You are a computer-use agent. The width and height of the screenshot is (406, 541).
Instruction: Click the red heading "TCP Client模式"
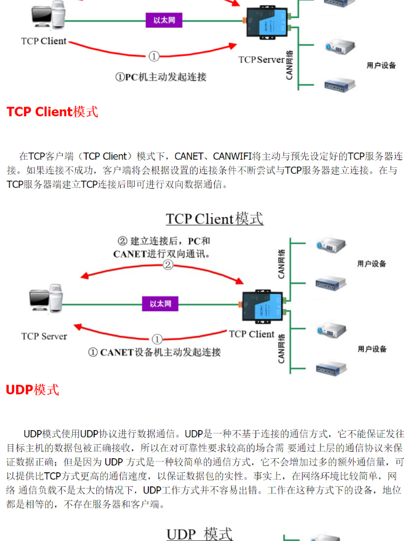tap(52, 112)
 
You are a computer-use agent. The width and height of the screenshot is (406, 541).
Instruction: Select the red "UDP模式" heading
tap(32, 390)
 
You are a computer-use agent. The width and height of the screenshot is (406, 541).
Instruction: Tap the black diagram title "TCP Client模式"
tap(214, 219)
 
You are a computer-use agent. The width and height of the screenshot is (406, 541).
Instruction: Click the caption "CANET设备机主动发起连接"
tap(154, 352)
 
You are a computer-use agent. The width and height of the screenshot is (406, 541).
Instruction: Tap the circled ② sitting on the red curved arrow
tap(168, 265)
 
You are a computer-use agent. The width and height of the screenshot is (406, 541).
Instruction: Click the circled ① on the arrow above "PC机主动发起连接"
tap(154, 56)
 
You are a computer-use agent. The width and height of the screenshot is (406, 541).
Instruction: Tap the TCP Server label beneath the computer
tap(44, 336)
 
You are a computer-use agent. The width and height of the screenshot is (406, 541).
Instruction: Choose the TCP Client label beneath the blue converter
tap(252, 334)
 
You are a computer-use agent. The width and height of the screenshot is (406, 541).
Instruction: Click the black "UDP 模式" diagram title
tap(199, 533)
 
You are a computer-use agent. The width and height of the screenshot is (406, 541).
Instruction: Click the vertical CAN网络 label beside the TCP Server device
tap(290, 65)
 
